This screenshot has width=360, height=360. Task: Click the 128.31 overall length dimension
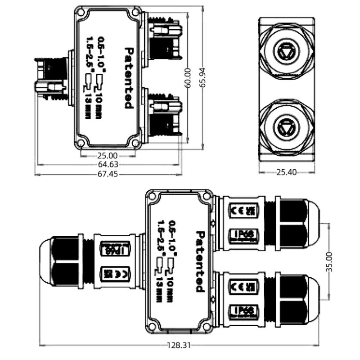[180, 345]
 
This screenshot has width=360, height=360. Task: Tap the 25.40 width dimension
[287, 172]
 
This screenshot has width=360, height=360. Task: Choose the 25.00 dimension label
[108, 156]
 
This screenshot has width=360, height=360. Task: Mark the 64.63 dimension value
[108, 165]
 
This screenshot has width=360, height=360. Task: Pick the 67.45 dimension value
[108, 174]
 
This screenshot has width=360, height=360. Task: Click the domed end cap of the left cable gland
[46, 261]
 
